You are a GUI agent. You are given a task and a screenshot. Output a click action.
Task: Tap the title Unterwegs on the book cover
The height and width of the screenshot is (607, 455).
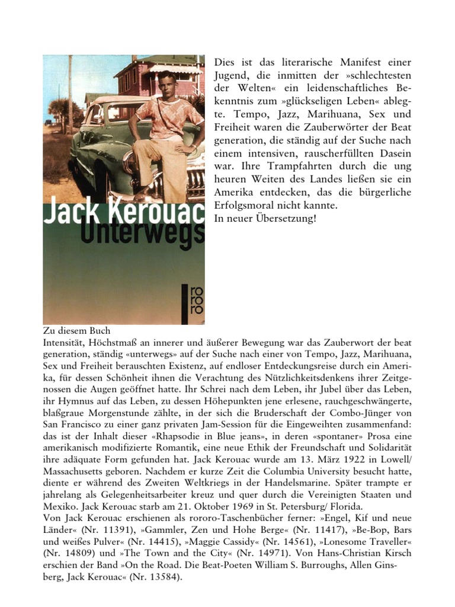click(x=155, y=231)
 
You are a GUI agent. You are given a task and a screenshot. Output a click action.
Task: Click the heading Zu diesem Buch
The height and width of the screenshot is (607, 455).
click(x=78, y=331)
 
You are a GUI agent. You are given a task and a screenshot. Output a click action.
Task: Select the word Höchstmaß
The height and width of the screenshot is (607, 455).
click(x=116, y=343)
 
